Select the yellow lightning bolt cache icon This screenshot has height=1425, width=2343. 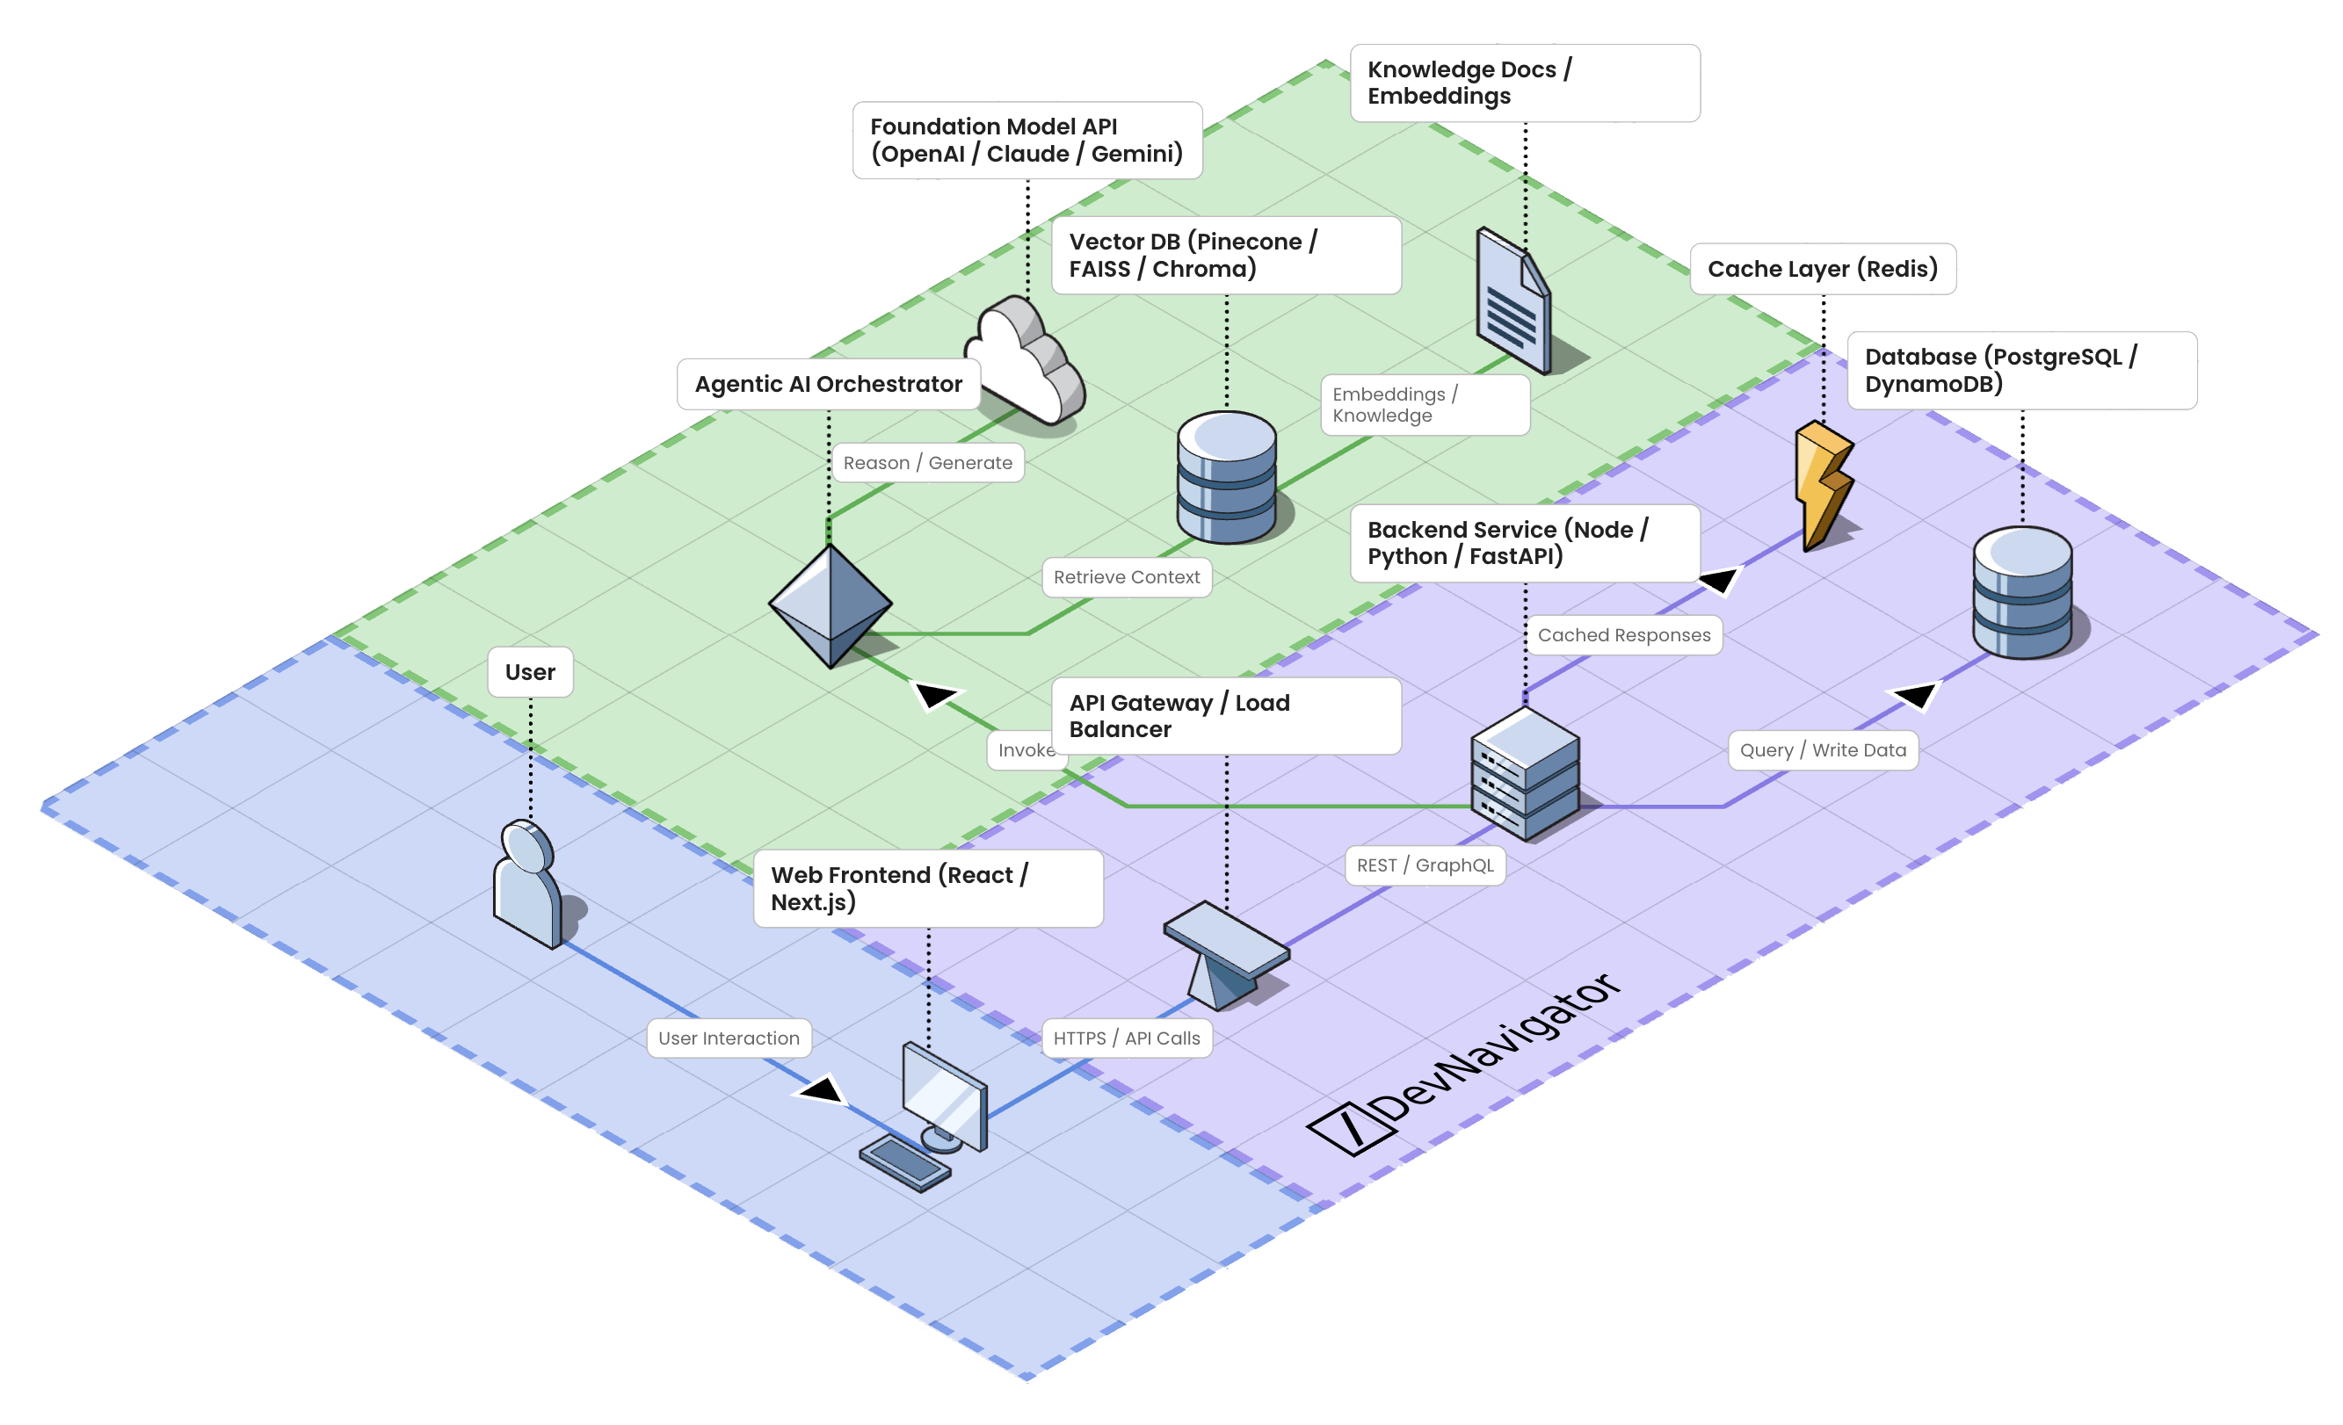(1822, 485)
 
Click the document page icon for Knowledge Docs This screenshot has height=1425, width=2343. (1512, 300)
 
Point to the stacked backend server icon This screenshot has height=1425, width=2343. (1525, 774)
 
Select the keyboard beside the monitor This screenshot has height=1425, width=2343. (904, 1162)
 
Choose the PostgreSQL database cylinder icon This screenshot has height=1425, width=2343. (2021, 593)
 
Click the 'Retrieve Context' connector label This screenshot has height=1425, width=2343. (1127, 577)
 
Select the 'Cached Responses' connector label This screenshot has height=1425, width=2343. (1624, 635)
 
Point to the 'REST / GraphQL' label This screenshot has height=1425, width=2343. (1425, 865)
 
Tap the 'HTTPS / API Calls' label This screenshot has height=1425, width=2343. (1127, 1038)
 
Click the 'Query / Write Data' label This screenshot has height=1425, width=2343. (1823, 750)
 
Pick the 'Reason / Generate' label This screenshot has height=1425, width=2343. (927, 463)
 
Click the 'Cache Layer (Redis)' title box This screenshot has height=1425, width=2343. (1822, 269)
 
